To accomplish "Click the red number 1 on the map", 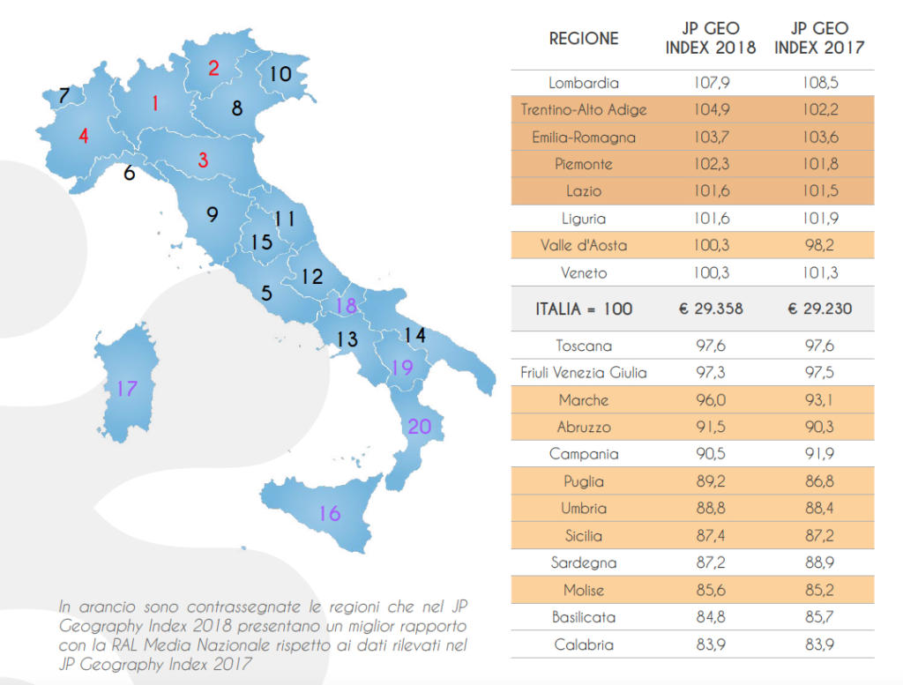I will (155, 104).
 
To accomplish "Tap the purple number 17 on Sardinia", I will (127, 388).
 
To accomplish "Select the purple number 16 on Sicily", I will (329, 513).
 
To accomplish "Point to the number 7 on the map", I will (63, 96).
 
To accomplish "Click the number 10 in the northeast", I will (280, 74).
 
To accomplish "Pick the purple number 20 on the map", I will (420, 427).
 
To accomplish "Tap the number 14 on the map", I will (414, 335).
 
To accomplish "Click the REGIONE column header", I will (584, 39).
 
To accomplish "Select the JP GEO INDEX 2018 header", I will (711, 39).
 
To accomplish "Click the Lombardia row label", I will (584, 83).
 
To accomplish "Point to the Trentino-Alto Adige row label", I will (584, 110).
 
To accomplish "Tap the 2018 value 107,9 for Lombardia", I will (712, 83).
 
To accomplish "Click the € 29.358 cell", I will (712, 309).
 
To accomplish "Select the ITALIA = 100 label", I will (584, 309).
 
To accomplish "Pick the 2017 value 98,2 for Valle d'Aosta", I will (819, 246).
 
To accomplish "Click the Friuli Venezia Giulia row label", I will (584, 373).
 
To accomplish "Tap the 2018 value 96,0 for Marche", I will (712, 400).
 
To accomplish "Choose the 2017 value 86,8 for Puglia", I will (819, 482).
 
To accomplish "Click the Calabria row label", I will (584, 644).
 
